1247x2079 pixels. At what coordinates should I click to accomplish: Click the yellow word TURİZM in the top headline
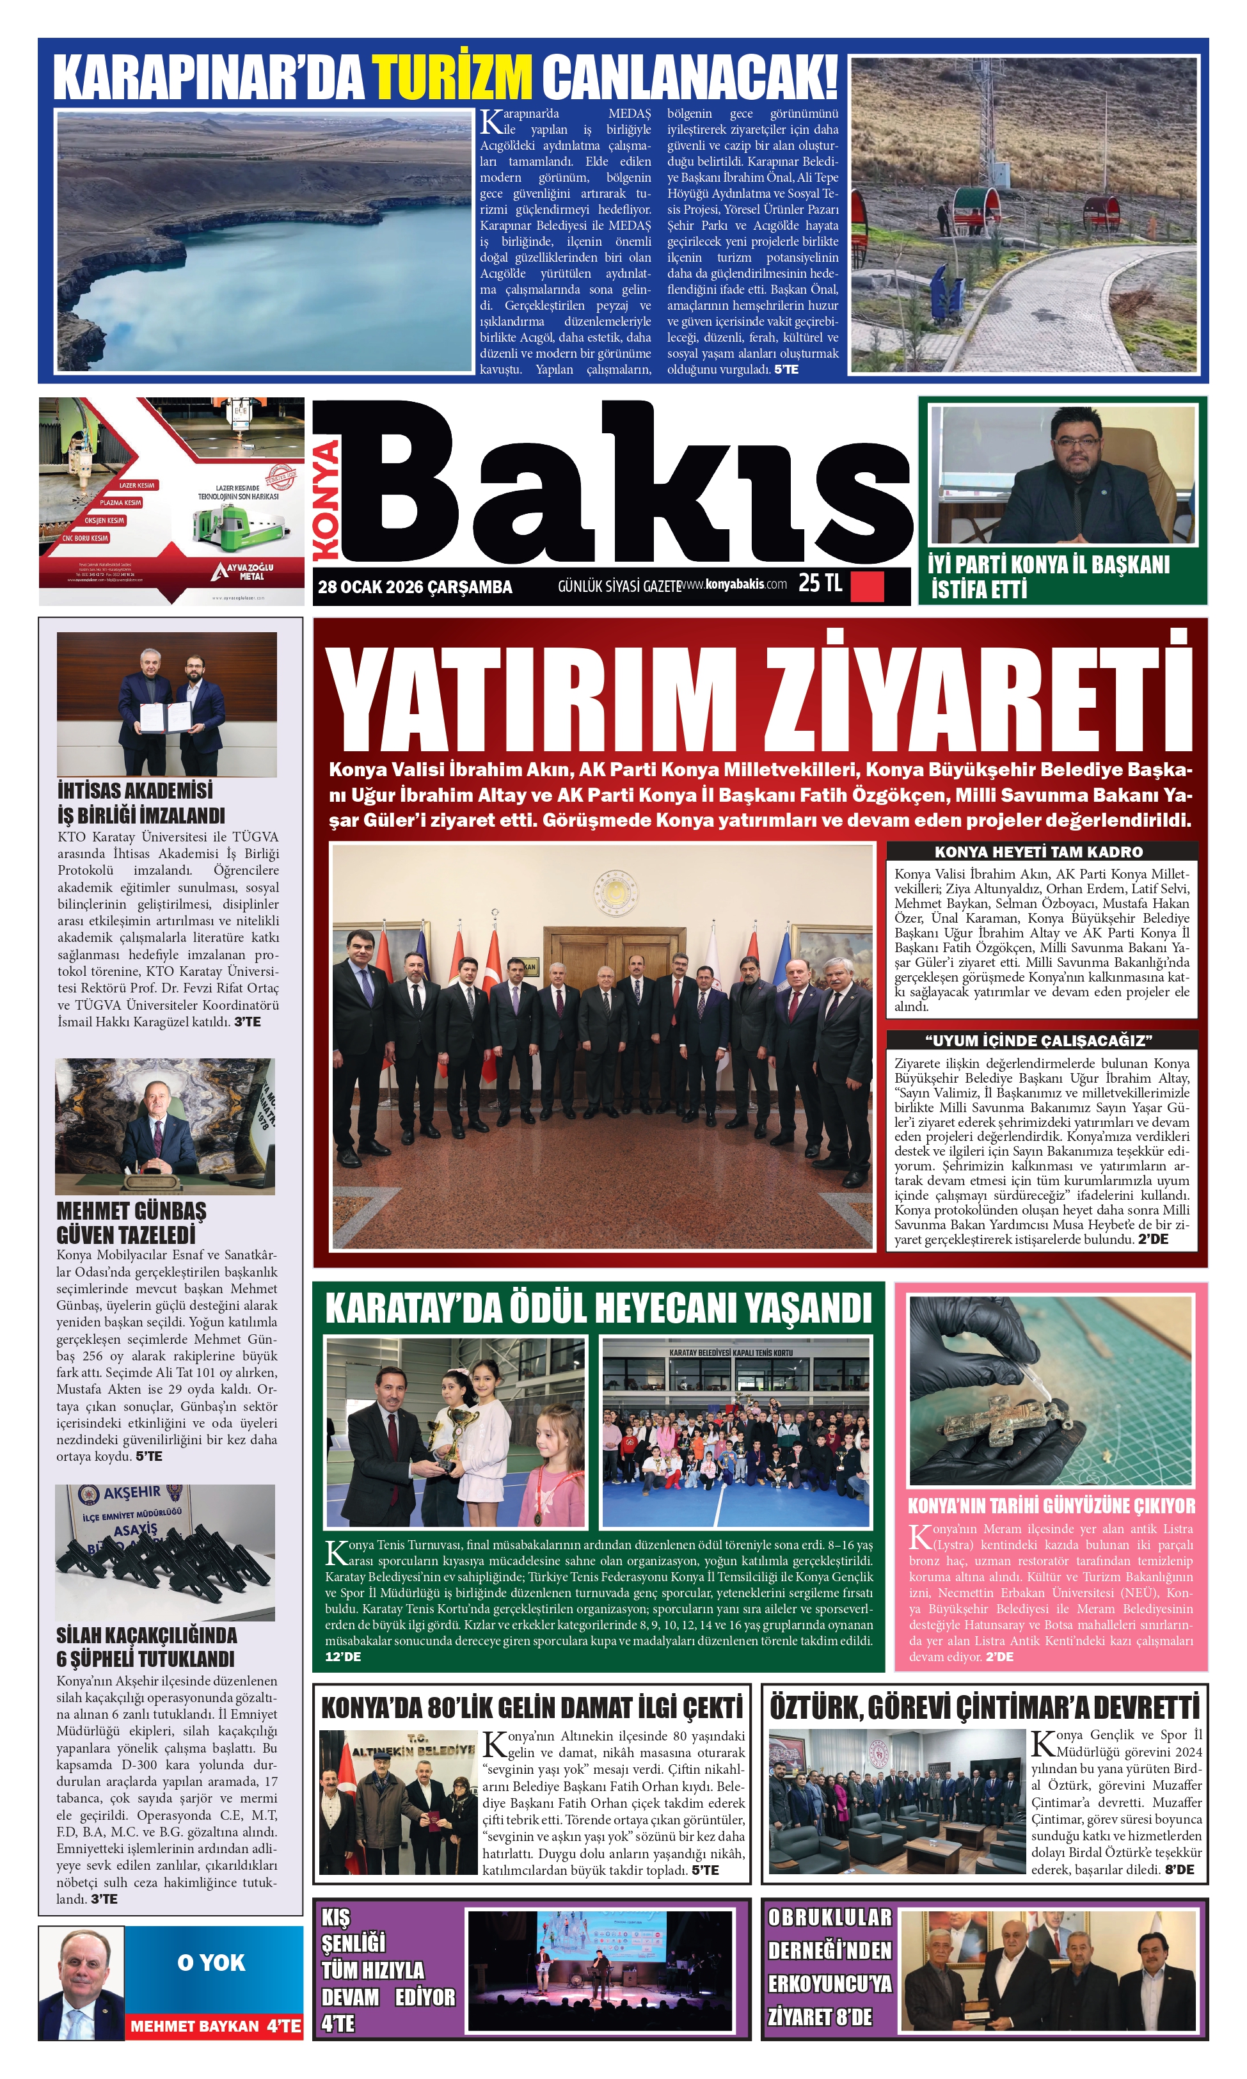(x=452, y=78)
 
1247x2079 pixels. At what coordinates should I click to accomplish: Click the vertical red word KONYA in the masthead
(x=325, y=501)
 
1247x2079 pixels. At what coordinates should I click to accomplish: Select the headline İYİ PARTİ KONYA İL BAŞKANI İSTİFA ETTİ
(x=1048, y=577)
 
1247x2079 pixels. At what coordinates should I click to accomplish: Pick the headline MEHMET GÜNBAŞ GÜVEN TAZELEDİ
(x=132, y=1222)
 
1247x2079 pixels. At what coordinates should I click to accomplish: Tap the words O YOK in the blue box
(x=211, y=1962)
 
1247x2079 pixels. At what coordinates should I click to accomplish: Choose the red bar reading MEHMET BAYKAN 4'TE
(x=214, y=2025)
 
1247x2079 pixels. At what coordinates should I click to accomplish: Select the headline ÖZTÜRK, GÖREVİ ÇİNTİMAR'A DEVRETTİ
(x=984, y=1708)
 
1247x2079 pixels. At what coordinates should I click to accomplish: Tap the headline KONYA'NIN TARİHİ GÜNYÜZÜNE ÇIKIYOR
(x=1051, y=1505)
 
